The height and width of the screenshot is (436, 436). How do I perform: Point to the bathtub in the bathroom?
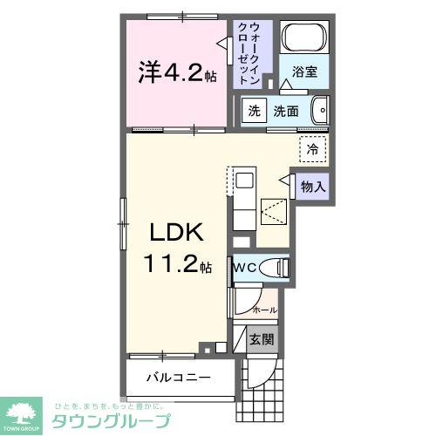[304, 40]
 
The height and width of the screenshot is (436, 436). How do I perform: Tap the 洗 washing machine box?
[253, 111]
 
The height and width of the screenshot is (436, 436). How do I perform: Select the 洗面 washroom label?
[286, 111]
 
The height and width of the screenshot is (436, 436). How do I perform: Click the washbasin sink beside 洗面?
[320, 111]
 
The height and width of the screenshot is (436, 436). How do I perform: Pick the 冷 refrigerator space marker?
[311, 148]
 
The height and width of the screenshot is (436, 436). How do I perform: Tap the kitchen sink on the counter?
[244, 181]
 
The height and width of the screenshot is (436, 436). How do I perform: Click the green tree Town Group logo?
[24, 410]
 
